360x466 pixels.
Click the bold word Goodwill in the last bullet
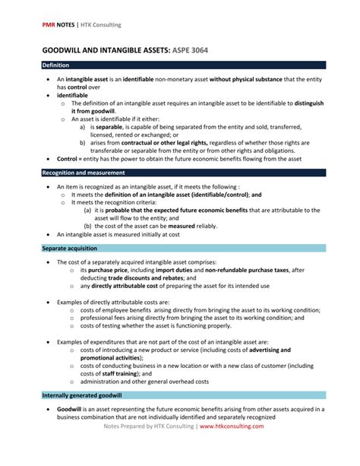tap(70, 410)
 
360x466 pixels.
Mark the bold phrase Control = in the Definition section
tap(72, 158)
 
